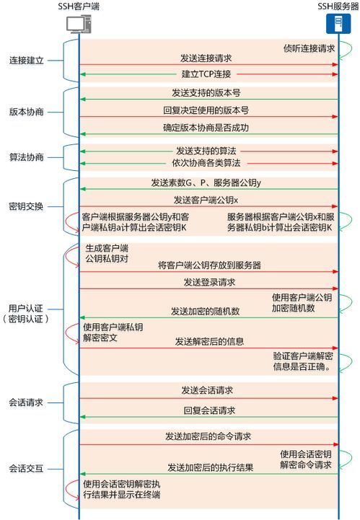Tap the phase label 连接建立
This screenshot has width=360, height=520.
pos(27,61)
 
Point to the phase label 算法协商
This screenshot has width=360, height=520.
pos(27,157)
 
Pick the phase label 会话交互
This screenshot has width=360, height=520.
pos(27,468)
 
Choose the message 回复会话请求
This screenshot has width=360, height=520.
pos(208,410)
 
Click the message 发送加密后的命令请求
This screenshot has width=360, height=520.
pos(208,437)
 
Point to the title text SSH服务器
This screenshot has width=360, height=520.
pos(336,6)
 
